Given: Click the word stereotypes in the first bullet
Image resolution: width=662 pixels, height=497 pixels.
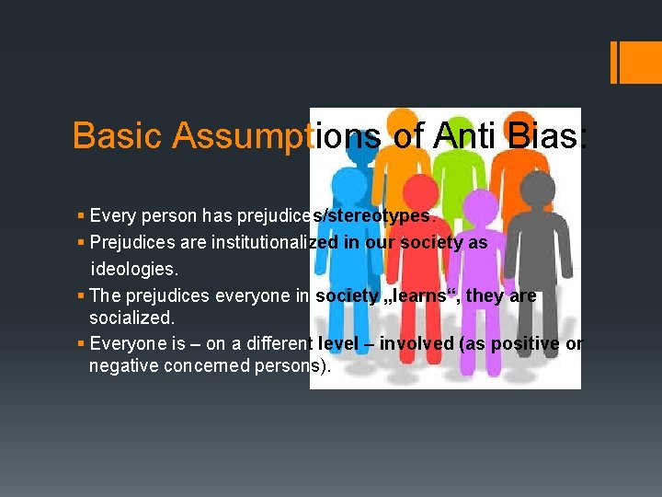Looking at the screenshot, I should (x=382, y=216).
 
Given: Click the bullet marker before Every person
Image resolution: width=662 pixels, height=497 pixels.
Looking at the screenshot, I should (x=81, y=216).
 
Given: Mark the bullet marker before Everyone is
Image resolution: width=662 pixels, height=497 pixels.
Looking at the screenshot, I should (x=81, y=343).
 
